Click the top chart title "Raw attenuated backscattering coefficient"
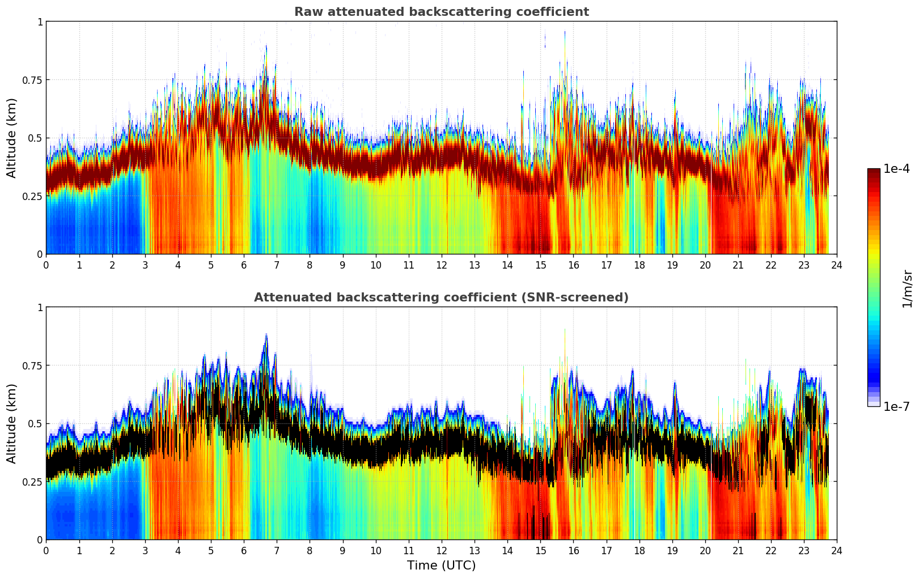coord(441,12)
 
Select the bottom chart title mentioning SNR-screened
coord(441,297)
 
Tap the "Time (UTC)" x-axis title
coord(441,566)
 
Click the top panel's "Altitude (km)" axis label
coord(12,138)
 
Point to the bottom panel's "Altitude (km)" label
coord(12,423)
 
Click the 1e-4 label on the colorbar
coord(896,169)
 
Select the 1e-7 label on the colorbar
coord(896,406)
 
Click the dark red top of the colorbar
coord(874,172)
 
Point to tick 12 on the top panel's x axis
coord(442,265)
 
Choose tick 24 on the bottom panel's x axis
coord(837,551)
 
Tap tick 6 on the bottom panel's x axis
coord(244,551)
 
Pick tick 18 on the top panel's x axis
coord(639,265)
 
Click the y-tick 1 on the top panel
coord(40,22)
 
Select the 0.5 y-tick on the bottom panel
coord(35,423)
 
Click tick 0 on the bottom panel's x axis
coord(46,551)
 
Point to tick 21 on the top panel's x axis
coord(738,265)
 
